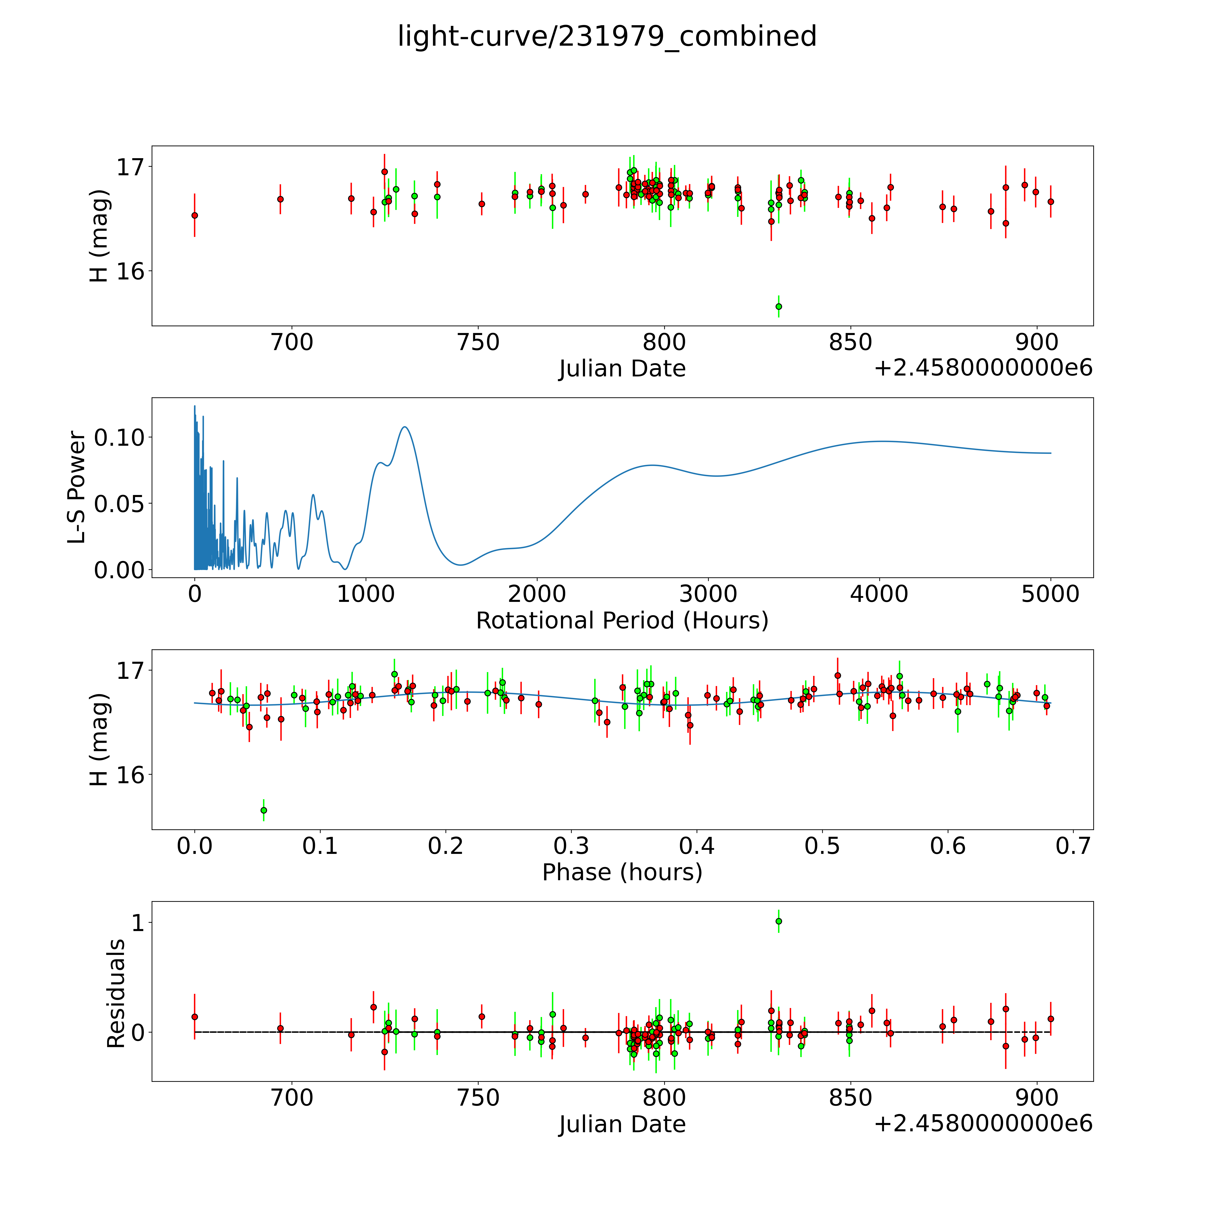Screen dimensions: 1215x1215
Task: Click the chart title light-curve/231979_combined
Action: pyautogui.click(x=607, y=36)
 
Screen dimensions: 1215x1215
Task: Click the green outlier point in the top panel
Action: pyautogui.click(x=778, y=306)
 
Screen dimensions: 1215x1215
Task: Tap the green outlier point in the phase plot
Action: pyautogui.click(x=263, y=810)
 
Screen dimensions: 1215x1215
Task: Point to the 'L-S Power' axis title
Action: pyautogui.click(x=77, y=487)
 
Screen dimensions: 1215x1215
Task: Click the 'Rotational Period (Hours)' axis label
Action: pyautogui.click(x=622, y=621)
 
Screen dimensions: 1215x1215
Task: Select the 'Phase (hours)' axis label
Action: pyautogui.click(x=622, y=872)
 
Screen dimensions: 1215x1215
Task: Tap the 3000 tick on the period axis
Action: pyautogui.click(x=708, y=594)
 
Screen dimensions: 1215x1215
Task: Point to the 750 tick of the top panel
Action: pyautogui.click(x=479, y=343)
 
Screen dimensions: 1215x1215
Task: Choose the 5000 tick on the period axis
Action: pyautogui.click(x=1050, y=594)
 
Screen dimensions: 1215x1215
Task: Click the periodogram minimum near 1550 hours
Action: pyautogui.click(x=461, y=565)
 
